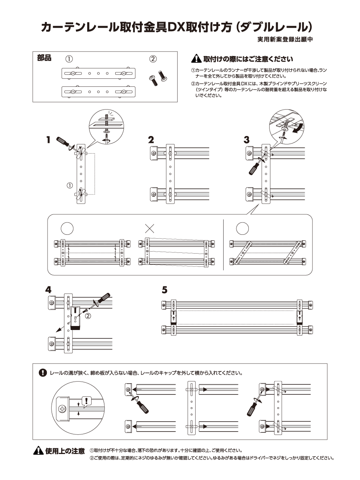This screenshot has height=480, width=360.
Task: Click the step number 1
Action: [48, 140]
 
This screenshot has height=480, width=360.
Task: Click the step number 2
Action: [151, 140]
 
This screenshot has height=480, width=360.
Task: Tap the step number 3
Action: [247, 140]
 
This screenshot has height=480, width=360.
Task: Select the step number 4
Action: [48, 289]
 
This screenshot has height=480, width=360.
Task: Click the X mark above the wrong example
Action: [150, 228]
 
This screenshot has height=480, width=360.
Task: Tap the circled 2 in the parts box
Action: [153, 59]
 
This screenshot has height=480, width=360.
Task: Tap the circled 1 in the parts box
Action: [69, 59]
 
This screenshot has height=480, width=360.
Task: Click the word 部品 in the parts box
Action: [44, 58]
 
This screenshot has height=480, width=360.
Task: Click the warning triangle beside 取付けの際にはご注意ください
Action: [196, 59]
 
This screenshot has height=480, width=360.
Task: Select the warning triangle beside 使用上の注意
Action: [38, 451]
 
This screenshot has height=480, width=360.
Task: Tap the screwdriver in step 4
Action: [100, 300]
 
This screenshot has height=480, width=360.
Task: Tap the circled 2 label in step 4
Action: [88, 316]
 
